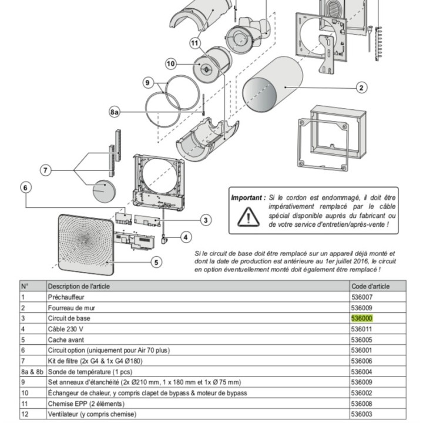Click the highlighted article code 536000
pos(362,318)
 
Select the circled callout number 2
pos(361,88)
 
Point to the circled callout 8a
pos(115,112)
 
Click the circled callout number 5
pos(156,262)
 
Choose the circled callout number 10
pos(171,63)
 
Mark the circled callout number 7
pos(46,170)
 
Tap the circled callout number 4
pos(186,237)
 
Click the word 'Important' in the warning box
pos(247,199)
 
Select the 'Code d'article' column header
pos(370,286)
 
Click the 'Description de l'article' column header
pos(79,286)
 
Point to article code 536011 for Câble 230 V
pos(362,329)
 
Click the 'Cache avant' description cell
pos(66,340)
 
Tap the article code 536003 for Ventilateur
pos(362,414)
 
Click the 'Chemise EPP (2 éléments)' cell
pos(86,404)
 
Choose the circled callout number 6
pos(25,187)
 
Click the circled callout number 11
pos(196,42)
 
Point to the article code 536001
pos(362,350)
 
